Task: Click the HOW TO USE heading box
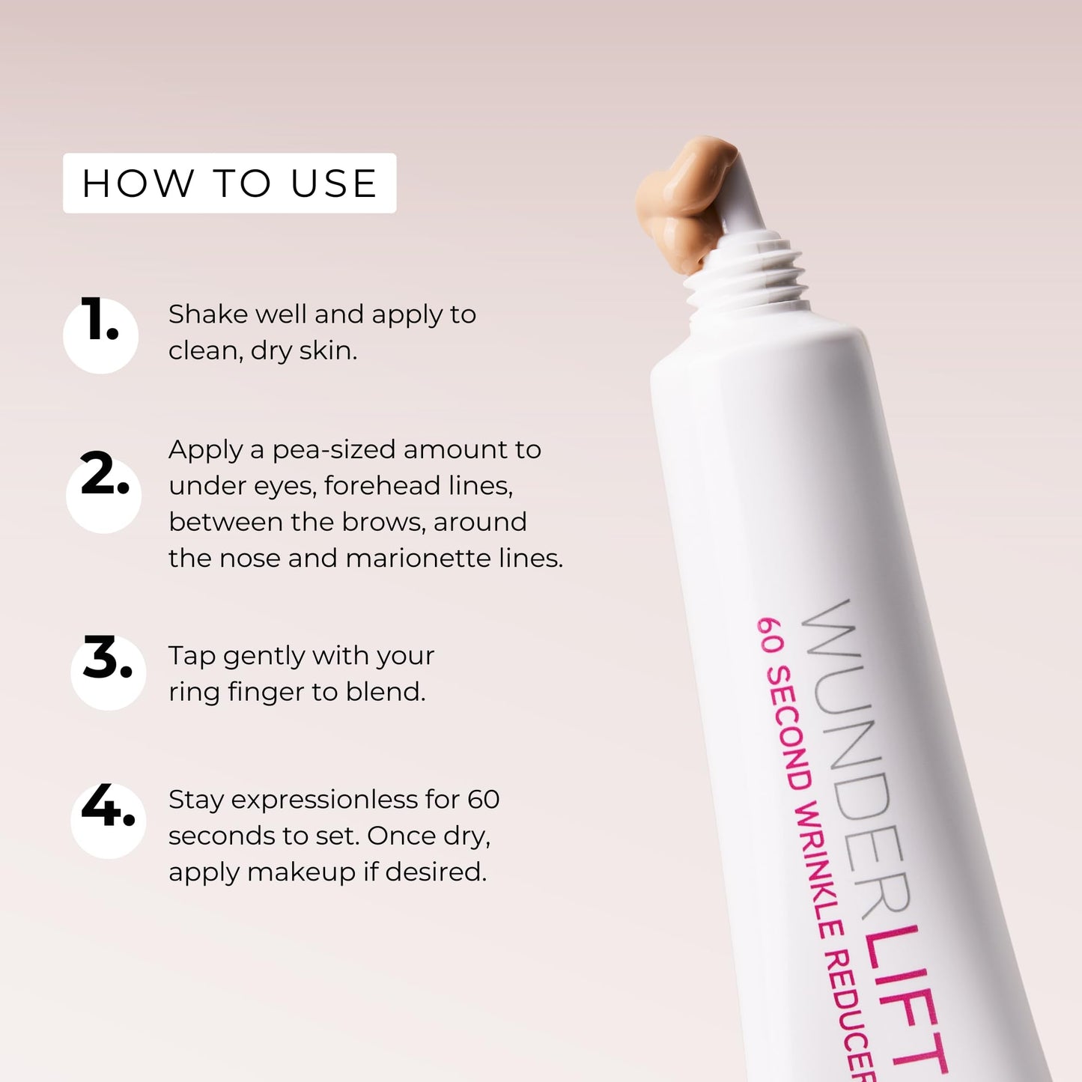[229, 183]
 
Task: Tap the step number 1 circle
[100, 335]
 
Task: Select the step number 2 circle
[103, 494]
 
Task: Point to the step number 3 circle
[108, 672]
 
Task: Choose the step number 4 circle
[108, 820]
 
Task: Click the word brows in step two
[394, 522]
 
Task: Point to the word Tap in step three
[192, 656]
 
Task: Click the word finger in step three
[266, 693]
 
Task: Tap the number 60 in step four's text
[484, 800]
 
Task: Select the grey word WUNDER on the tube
[854, 756]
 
